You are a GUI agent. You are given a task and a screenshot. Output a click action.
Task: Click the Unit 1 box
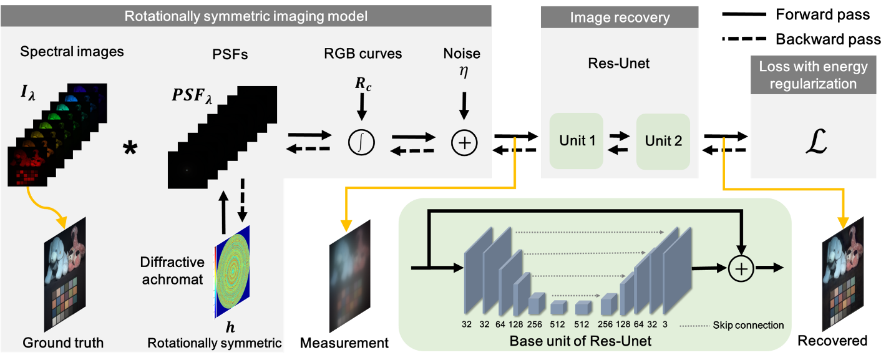click(x=576, y=141)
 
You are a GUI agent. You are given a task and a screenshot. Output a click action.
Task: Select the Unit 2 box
click(x=663, y=141)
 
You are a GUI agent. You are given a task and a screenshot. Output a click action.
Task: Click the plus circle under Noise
click(x=464, y=144)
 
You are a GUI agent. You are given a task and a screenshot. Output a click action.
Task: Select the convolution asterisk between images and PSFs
click(x=130, y=149)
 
